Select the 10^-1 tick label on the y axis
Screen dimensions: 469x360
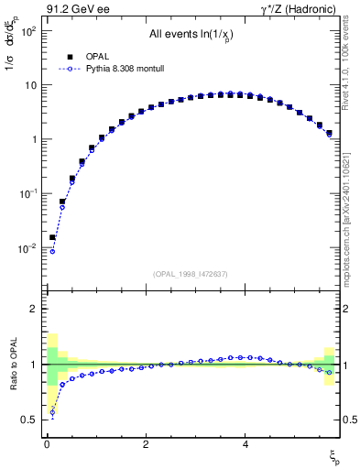(x=27, y=193)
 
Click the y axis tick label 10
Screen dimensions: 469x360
(x=29, y=84)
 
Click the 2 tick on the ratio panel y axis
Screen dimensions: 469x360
(x=32, y=310)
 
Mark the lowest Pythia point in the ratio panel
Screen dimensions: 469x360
(x=52, y=411)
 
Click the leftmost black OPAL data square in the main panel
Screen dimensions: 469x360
(x=52, y=237)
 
